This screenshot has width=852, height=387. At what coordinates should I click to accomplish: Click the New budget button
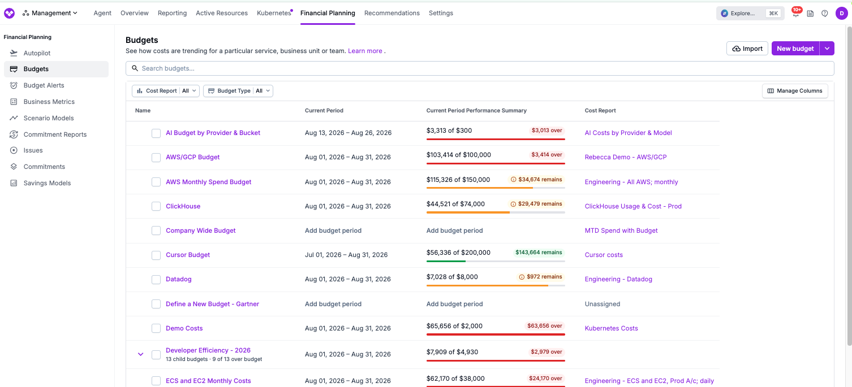click(795, 49)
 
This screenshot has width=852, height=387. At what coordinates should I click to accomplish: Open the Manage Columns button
click(795, 91)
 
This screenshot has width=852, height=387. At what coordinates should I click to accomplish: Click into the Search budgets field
click(480, 68)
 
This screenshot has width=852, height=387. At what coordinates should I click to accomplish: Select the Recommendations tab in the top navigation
click(391, 13)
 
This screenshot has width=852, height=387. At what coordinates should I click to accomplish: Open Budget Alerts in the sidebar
click(44, 85)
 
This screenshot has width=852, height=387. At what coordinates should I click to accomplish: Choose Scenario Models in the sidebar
click(48, 118)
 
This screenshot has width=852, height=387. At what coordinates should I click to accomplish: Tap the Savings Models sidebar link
click(47, 182)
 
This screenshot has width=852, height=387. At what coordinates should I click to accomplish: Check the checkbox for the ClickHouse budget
click(156, 206)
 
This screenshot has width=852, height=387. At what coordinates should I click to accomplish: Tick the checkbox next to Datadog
click(156, 280)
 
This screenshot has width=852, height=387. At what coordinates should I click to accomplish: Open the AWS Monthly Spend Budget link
click(208, 182)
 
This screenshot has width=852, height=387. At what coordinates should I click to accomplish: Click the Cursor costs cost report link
click(604, 255)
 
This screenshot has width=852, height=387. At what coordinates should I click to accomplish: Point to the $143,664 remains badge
click(538, 252)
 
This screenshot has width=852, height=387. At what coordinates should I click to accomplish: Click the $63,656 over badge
click(544, 326)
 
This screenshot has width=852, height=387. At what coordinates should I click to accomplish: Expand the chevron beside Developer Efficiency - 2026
click(141, 354)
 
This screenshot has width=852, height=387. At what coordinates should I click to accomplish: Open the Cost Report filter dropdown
click(165, 91)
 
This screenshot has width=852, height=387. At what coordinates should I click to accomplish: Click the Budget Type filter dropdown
click(238, 91)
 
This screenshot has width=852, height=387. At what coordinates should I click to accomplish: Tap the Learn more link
click(365, 51)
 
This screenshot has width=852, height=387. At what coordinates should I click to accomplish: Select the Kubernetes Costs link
click(611, 328)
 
